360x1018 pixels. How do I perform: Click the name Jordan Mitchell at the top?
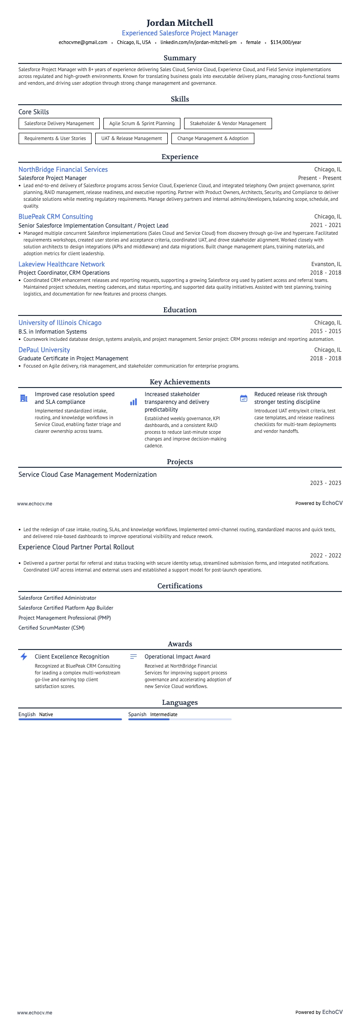click(180, 23)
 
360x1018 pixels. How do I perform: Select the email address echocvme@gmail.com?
click(83, 42)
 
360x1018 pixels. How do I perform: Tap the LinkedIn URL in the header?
click(198, 42)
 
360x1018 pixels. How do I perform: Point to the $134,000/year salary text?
click(286, 42)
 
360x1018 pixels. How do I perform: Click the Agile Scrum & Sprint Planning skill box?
click(142, 123)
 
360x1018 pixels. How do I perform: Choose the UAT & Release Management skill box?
click(131, 138)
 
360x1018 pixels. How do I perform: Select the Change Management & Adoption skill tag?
click(213, 138)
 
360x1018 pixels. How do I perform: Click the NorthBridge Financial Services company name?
click(63, 170)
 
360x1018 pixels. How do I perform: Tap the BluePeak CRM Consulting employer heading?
click(56, 217)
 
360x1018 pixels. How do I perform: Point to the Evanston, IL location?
click(326, 264)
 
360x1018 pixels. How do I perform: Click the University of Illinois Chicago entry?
click(60, 323)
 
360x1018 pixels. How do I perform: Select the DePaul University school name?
click(44, 350)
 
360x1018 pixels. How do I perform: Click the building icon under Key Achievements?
click(24, 398)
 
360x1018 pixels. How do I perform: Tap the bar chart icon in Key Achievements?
click(133, 402)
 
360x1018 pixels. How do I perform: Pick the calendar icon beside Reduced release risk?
click(243, 398)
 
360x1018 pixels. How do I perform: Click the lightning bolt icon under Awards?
click(24, 656)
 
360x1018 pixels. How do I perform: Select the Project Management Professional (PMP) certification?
click(65, 618)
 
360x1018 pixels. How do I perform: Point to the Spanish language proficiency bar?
click(180, 719)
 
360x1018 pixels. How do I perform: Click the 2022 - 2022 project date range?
click(326, 556)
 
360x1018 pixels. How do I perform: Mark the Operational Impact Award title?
click(177, 656)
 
